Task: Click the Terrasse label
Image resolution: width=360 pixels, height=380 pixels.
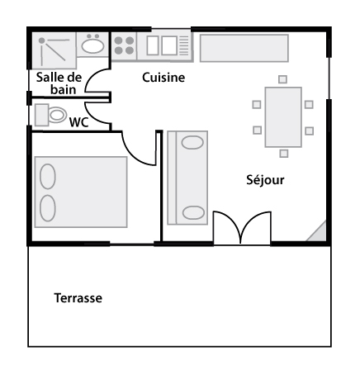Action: (78, 298)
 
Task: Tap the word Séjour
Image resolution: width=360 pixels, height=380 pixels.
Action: (265, 180)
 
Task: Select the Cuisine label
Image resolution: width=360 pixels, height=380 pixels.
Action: (163, 78)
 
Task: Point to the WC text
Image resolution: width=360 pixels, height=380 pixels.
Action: (79, 122)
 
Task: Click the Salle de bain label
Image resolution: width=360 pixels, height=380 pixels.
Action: (59, 83)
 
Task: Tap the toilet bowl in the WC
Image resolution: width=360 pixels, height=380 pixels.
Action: (57, 115)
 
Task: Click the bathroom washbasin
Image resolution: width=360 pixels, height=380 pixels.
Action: (92, 45)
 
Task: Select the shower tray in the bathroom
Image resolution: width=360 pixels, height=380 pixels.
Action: (54, 50)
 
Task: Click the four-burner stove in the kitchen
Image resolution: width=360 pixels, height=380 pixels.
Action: (124, 45)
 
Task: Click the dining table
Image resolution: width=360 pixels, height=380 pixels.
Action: (283, 117)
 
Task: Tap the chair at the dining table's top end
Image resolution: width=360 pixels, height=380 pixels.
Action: (282, 79)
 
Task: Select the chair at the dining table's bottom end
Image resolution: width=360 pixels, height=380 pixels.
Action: (284, 154)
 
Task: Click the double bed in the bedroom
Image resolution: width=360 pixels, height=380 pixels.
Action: (81, 192)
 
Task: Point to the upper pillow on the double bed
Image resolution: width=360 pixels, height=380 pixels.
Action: (48, 177)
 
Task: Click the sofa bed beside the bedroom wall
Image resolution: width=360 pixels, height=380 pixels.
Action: (187, 178)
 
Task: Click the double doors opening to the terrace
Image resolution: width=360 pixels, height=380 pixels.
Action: (242, 228)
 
